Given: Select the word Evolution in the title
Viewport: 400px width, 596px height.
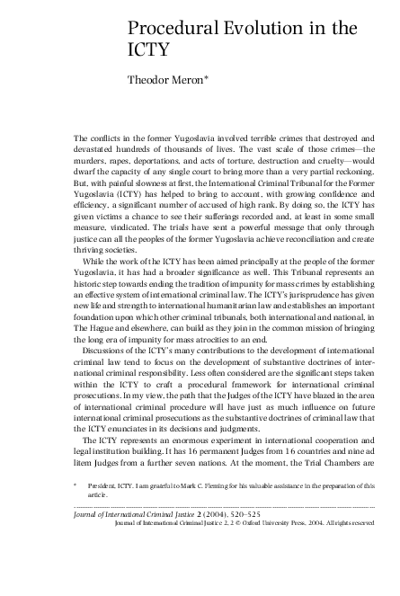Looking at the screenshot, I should pos(262,29).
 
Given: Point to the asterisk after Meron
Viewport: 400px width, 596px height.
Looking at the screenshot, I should pos(233,77).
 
